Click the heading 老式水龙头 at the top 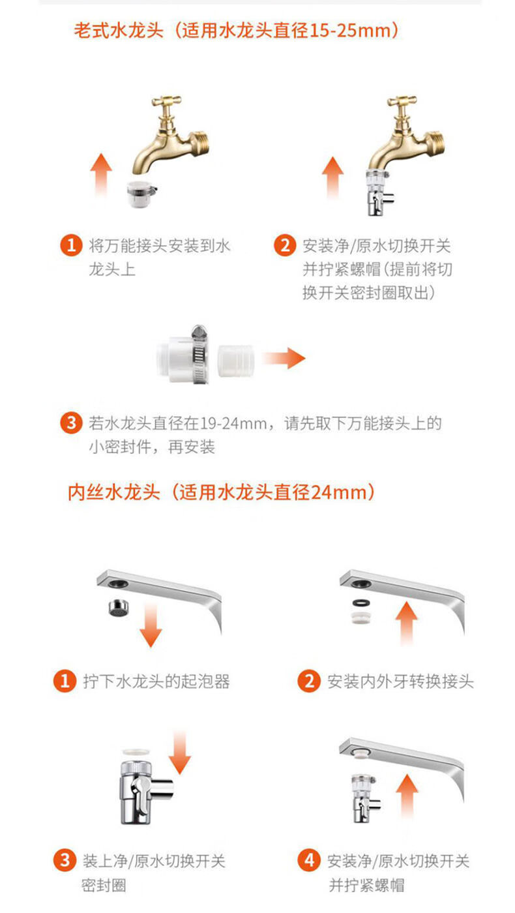tap(119, 31)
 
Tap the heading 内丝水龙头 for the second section tap(113, 492)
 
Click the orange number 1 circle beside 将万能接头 tap(71, 245)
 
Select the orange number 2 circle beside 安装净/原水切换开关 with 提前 tap(285, 245)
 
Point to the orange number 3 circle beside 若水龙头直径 tap(71, 423)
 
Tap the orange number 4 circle tap(309, 860)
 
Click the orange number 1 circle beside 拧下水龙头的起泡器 tap(65, 681)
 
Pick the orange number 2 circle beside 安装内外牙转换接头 tap(309, 681)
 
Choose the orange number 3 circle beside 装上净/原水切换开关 tap(65, 860)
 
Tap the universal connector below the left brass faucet tap(141, 193)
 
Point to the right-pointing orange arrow tap(284, 358)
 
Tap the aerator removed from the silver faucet tap(118, 608)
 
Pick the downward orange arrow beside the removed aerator tap(151, 625)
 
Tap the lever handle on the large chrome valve tap(140, 793)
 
